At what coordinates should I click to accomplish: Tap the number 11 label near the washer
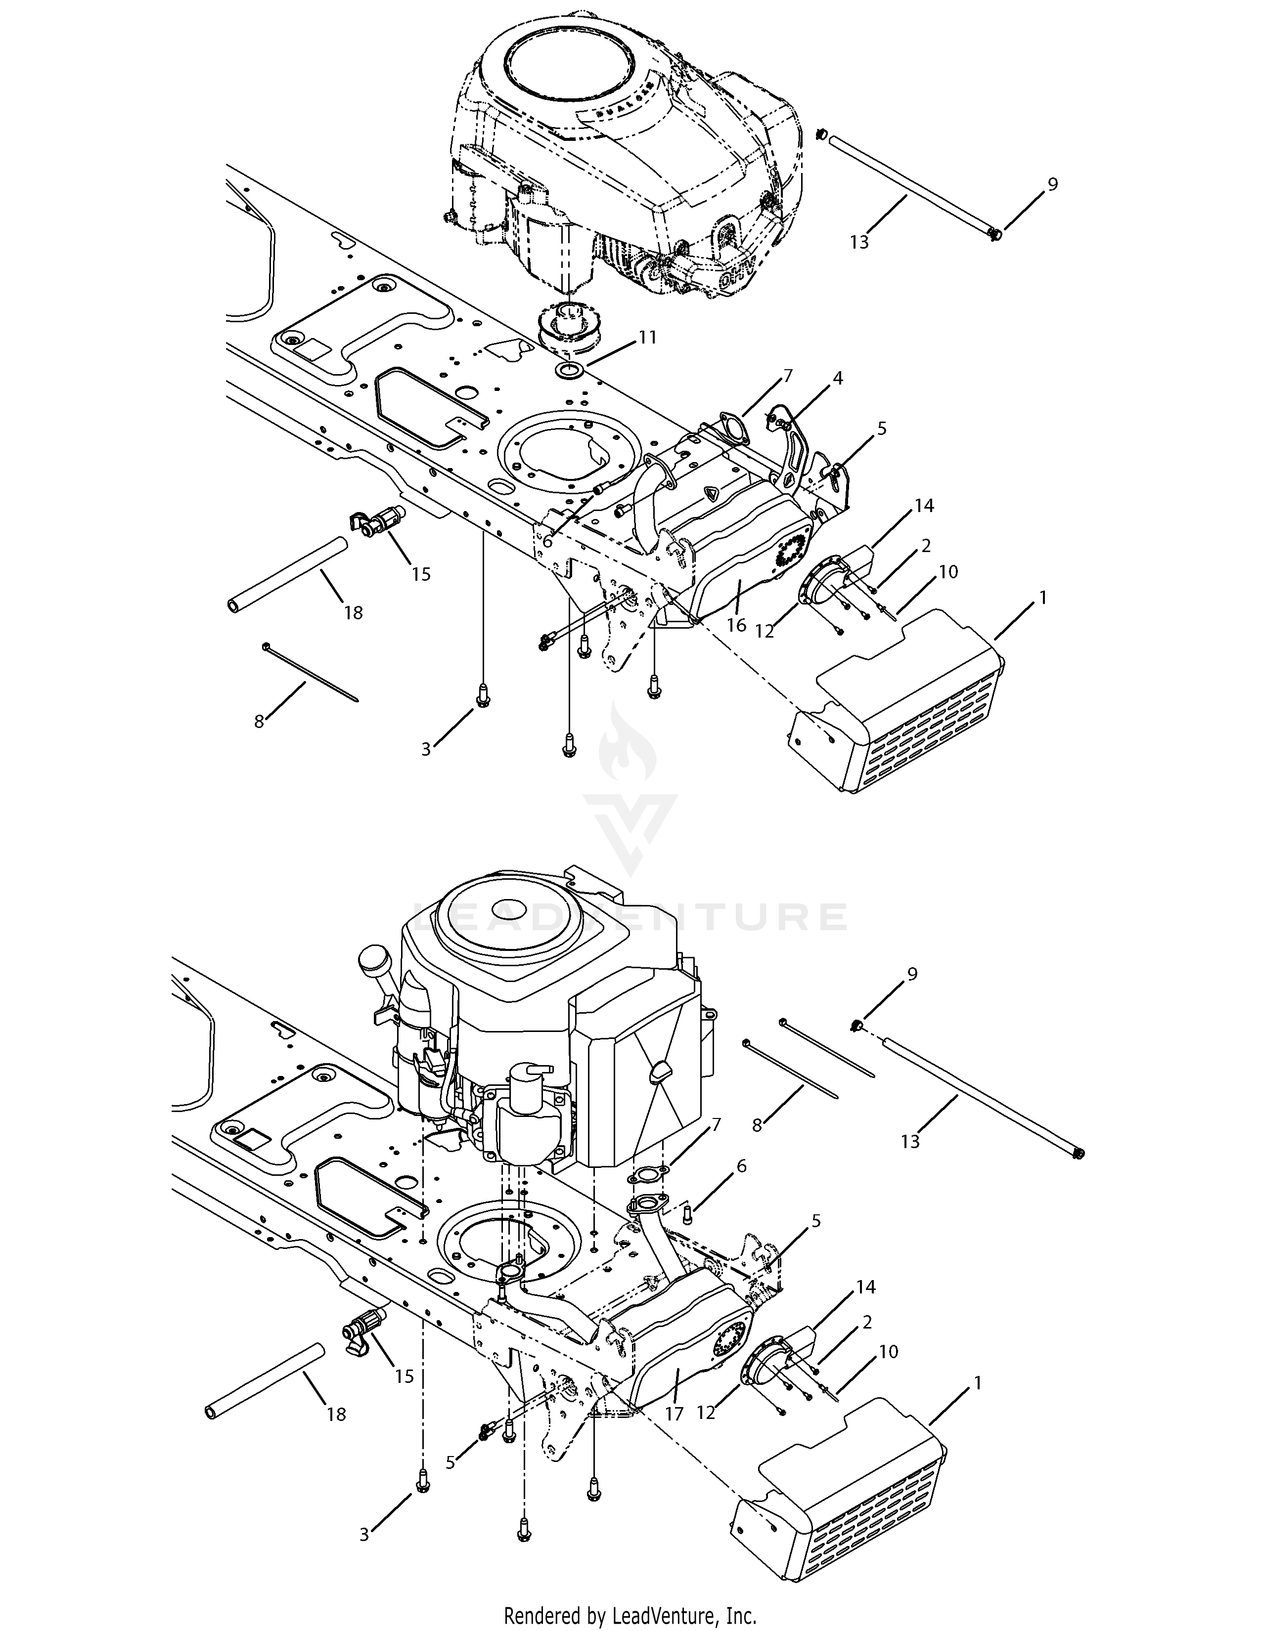coord(648,338)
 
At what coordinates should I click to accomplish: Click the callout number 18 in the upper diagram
coord(354,612)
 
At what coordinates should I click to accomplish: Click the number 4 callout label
coord(837,379)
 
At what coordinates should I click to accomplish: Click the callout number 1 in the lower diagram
coord(977,1383)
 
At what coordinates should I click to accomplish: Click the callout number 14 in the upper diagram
coord(924,506)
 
